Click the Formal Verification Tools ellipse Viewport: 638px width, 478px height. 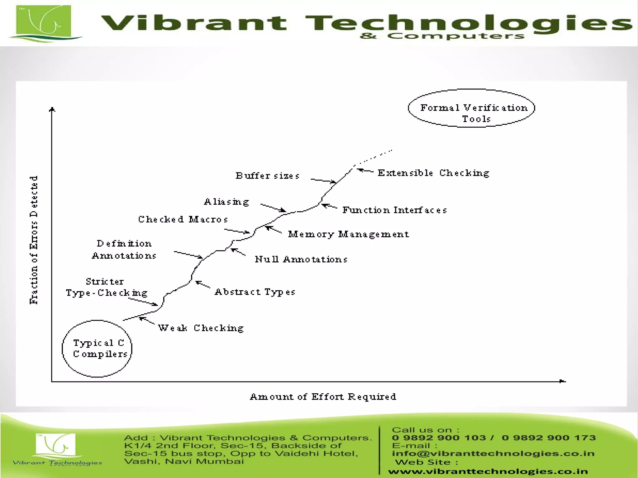(x=471, y=108)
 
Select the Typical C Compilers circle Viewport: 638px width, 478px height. (x=97, y=349)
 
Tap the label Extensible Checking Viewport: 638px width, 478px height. (x=433, y=173)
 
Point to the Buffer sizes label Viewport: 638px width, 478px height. (x=267, y=176)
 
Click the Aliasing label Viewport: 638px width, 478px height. (x=226, y=202)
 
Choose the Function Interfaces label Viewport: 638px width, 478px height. (x=394, y=210)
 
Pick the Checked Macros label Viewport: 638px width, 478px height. (x=183, y=219)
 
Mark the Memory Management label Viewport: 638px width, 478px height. (x=348, y=234)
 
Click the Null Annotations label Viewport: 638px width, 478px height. (x=301, y=259)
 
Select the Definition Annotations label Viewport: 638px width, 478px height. (x=124, y=250)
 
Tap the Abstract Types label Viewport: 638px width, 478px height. (x=255, y=292)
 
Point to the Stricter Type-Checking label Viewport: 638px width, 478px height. (x=106, y=287)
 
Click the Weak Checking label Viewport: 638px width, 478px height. (x=201, y=328)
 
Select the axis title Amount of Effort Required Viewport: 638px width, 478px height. (x=323, y=397)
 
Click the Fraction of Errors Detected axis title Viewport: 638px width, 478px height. (x=34, y=240)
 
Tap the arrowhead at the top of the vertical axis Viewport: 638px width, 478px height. (x=52, y=109)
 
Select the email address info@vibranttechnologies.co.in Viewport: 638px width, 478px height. (x=493, y=453)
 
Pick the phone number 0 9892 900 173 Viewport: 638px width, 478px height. (x=549, y=438)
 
